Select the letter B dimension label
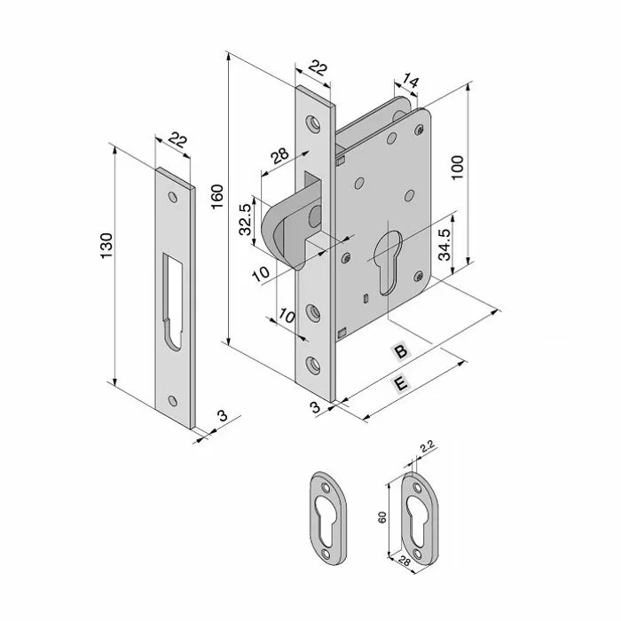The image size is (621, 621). pyautogui.click(x=400, y=352)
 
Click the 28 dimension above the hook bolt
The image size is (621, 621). pyautogui.click(x=279, y=157)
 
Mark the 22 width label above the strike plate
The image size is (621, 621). pyautogui.click(x=177, y=140)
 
